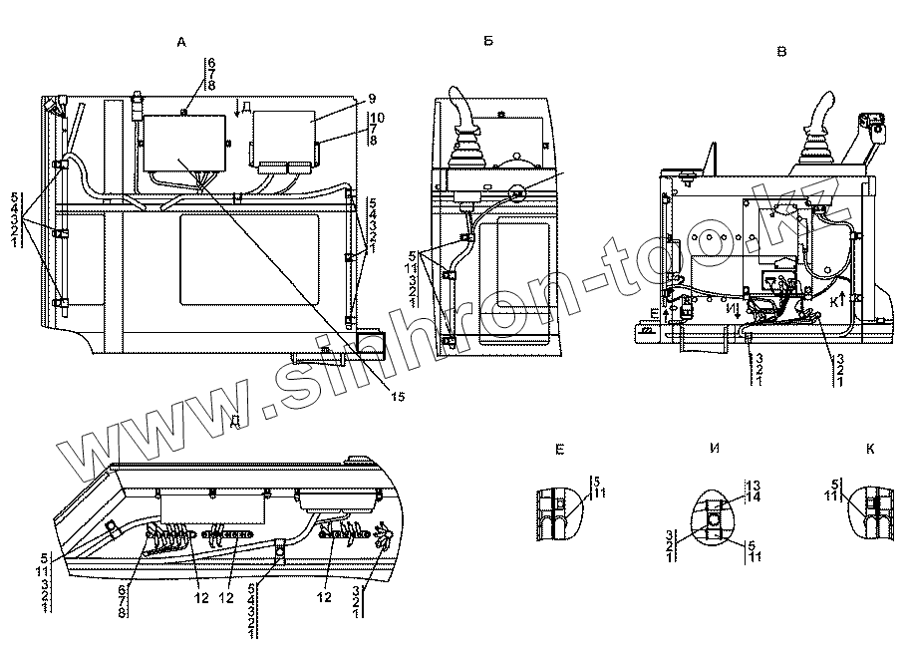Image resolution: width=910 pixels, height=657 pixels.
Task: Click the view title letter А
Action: point(180,42)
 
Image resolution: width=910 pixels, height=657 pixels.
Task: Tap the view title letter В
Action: point(780,51)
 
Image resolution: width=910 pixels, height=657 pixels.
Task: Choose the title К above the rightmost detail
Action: point(870,451)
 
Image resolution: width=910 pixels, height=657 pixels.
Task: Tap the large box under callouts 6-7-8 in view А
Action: point(183,142)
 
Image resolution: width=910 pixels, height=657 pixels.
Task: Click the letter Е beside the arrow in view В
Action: point(654,314)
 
